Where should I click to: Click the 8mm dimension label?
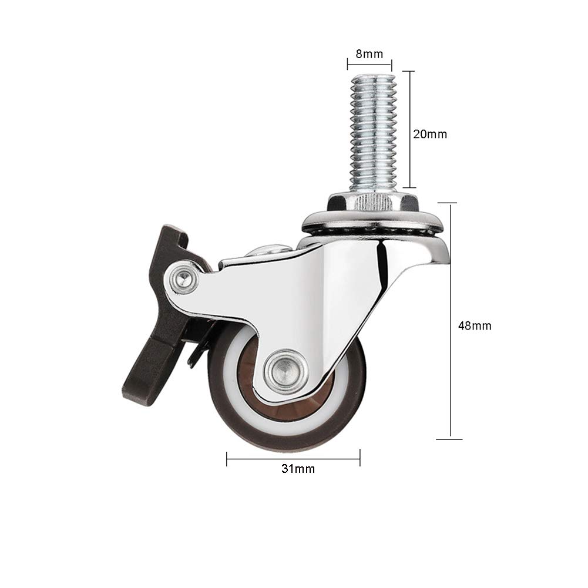pos(369,54)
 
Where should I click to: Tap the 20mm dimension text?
pos(430,134)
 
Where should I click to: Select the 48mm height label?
pos(475,325)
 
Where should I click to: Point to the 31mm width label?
pos(298,469)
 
